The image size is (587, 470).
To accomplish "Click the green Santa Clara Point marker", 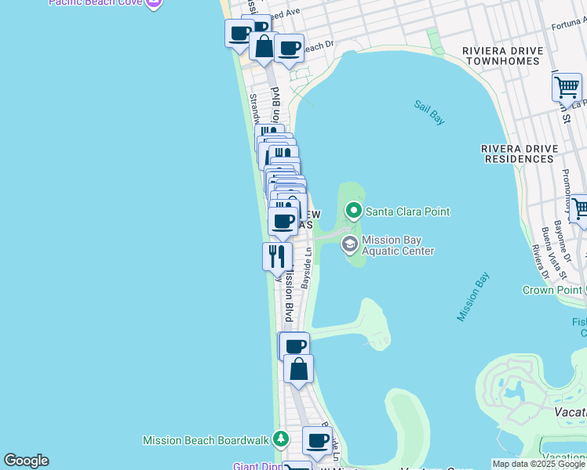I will (354, 211).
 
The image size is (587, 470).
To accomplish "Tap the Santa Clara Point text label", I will (407, 211).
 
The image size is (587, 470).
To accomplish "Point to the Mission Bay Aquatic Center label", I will (397, 245).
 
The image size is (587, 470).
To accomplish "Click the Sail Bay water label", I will (429, 112).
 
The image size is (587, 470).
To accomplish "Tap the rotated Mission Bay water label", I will (473, 297).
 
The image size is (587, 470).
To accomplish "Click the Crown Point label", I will (554, 290).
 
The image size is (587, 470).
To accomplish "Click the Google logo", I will (26, 461).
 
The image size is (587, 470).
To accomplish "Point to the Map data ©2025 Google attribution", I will (538, 465).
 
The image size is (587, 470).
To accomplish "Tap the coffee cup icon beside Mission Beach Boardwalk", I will (317, 441).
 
